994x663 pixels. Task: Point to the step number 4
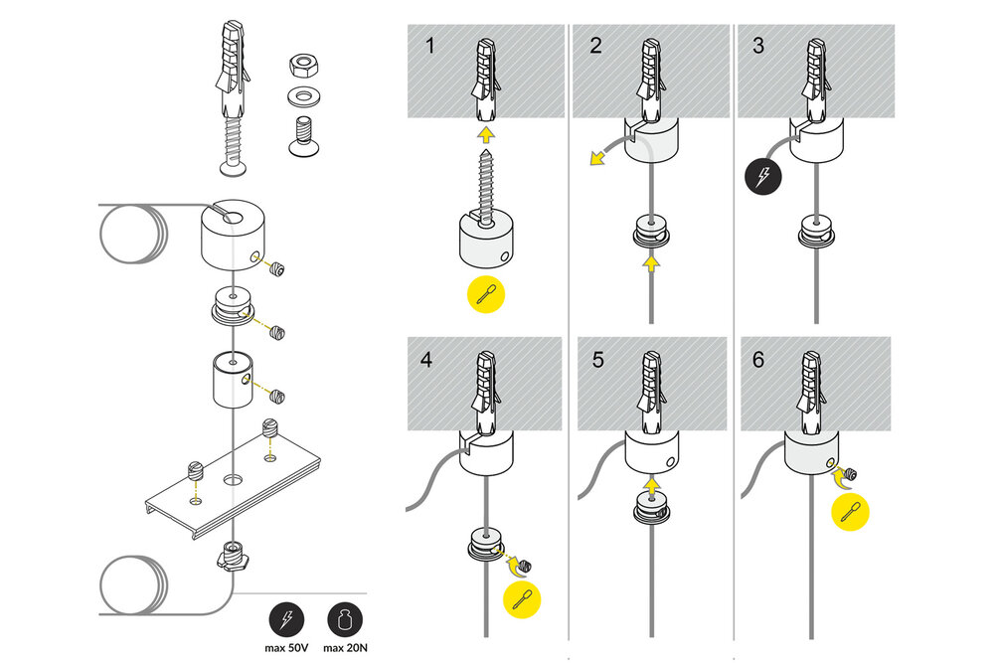tap(427, 360)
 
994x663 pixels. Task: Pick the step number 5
tap(597, 360)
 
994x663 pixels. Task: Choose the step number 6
tap(759, 360)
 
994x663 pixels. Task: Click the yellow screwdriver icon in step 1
tap(484, 294)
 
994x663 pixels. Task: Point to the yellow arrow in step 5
tap(651, 485)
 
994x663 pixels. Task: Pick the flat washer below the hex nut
tap(302, 97)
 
